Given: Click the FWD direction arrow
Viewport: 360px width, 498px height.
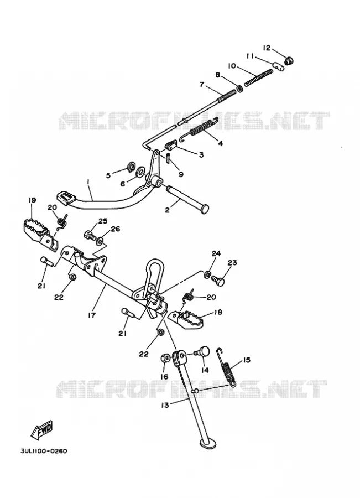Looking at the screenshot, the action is (41, 430).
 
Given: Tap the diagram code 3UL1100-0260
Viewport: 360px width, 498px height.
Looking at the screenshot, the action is (44, 451).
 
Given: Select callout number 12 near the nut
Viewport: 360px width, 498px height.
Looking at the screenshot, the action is (267, 48).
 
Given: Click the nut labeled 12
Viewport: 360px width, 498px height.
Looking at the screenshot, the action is (289, 60).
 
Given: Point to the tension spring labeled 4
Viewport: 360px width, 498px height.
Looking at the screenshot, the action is (199, 129).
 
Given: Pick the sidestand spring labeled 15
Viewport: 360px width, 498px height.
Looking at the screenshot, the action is (227, 366).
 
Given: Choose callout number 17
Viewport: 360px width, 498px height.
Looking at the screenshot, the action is (92, 315).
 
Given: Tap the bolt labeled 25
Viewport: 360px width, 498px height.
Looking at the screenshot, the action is (90, 236).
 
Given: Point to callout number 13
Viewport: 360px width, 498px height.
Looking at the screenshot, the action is (165, 405).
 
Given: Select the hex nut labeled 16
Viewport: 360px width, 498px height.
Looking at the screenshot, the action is (165, 358).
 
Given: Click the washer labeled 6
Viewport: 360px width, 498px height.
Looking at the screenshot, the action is (140, 173).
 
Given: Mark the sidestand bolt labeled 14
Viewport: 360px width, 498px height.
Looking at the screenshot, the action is (202, 352).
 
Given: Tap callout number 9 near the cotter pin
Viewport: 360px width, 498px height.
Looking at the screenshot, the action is (181, 174).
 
